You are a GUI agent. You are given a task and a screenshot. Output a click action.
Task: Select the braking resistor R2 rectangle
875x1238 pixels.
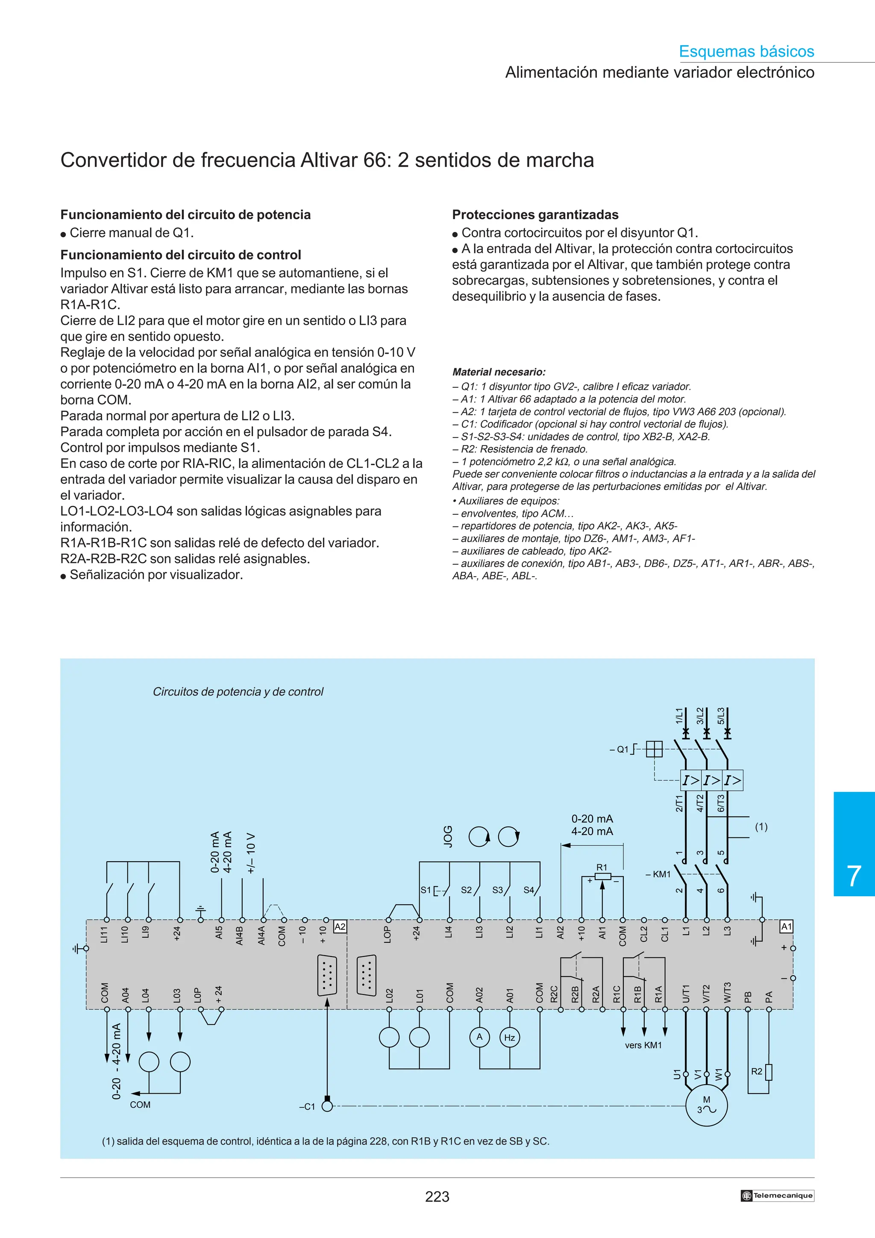768,1072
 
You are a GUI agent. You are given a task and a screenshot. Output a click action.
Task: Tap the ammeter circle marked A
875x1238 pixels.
479,1037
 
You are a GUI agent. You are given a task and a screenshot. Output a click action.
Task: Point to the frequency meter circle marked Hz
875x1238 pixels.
509,1037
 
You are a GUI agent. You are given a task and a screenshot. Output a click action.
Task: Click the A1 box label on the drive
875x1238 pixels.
787,926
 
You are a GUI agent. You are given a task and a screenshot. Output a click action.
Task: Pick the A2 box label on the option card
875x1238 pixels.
340,926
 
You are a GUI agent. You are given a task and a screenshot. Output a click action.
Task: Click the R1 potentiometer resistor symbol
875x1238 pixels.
602,876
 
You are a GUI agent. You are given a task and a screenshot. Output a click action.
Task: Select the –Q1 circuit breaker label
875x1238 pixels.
620,749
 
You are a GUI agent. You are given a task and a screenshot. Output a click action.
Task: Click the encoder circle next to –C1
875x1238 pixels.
327,1106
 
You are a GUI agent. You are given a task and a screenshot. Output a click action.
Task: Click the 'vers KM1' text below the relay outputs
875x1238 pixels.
643,1045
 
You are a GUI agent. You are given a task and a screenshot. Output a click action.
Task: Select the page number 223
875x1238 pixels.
437,1197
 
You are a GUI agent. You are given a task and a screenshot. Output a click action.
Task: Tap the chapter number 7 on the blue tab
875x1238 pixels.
854,876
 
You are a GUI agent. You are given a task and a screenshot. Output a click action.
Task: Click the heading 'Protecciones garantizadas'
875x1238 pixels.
535,214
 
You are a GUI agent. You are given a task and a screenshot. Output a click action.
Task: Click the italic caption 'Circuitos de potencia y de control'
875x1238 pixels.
238,692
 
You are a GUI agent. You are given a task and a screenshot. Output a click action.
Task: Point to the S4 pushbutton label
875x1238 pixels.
529,890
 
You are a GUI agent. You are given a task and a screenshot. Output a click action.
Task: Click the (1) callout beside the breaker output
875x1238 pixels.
760,827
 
